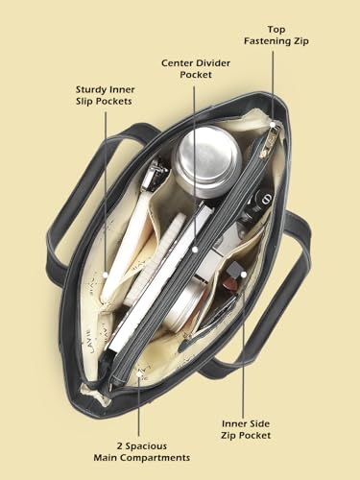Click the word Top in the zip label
(276, 30)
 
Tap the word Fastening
(264, 41)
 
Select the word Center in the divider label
(177, 63)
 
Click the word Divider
(213, 63)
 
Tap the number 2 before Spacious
(120, 446)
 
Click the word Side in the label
(259, 423)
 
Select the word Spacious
(146, 446)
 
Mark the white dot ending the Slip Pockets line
(106, 275)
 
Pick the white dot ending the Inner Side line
(244, 275)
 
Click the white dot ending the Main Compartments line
(139, 373)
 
